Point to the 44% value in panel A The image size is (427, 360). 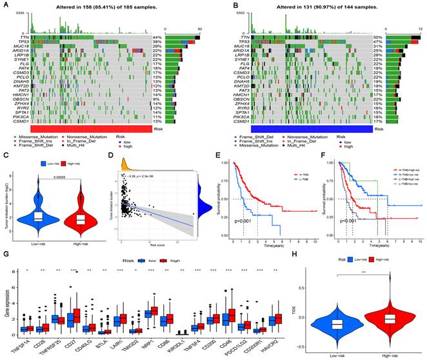(156, 37)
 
